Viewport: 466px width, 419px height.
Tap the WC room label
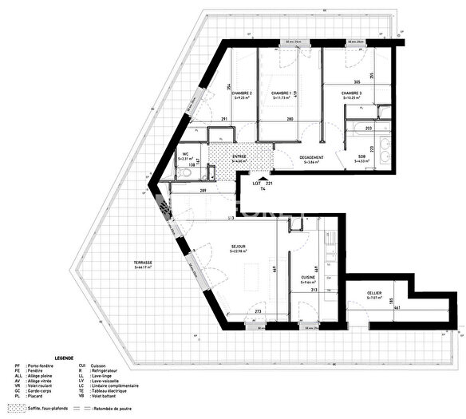tap(185, 156)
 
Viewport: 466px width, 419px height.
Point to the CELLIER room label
tap(374, 294)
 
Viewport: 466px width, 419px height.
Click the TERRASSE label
tap(144, 264)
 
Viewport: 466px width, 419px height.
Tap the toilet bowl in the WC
tap(186, 174)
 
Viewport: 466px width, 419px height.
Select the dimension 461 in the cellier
tap(397, 308)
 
